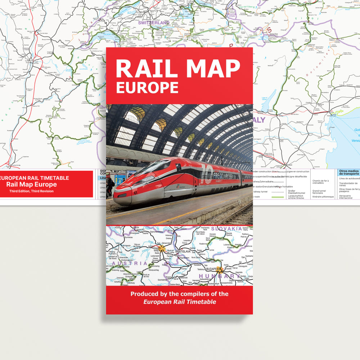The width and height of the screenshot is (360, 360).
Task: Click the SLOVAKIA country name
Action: (x=226, y=229)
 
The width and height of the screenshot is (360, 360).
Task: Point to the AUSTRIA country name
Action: (x=129, y=263)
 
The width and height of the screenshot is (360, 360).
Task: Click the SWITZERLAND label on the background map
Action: (x=154, y=23)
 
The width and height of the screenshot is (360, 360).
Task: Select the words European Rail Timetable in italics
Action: (x=180, y=302)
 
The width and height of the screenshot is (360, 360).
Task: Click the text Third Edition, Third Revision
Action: (x=31, y=191)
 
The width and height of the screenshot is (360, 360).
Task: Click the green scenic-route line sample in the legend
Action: (x=278, y=197)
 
